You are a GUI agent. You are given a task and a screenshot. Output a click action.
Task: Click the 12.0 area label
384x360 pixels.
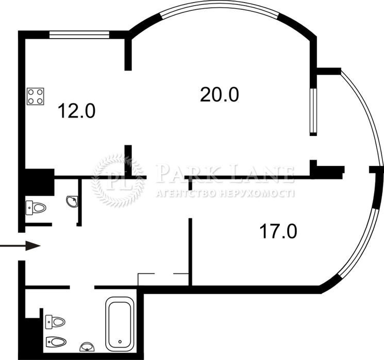(x=76, y=111)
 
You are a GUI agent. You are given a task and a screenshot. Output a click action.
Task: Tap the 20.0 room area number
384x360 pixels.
(x=220, y=95)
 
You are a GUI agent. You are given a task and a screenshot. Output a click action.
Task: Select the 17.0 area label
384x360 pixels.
(x=278, y=231)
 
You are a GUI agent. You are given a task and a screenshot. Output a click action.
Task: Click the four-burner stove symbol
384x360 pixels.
(x=36, y=96)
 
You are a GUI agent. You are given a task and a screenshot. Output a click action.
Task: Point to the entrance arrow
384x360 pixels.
(x=20, y=246)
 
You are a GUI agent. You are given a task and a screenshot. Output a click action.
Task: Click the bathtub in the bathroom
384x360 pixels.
(x=120, y=323)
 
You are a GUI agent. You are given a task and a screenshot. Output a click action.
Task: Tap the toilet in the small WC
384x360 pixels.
(x=36, y=208)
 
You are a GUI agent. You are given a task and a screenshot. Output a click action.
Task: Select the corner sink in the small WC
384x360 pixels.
(x=73, y=201)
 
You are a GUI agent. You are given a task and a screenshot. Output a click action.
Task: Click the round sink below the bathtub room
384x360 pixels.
(x=87, y=347)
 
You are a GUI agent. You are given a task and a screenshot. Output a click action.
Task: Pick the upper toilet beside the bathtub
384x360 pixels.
(x=55, y=322)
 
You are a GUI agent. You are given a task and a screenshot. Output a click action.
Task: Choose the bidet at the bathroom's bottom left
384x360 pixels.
(x=56, y=341)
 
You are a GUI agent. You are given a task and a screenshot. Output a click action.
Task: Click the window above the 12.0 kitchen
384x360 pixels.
(x=79, y=35)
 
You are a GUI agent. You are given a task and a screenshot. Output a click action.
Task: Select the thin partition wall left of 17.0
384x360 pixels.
(x=190, y=252)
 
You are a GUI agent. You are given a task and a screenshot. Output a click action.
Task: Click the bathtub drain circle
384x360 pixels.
(x=120, y=341)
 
